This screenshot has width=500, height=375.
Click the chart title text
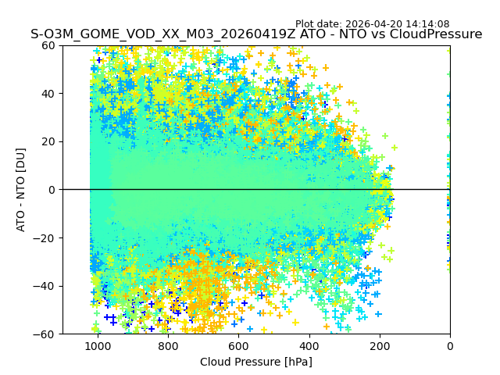pos(256,34)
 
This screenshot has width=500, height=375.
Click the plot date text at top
pos(372,24)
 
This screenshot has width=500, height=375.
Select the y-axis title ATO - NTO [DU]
pos(22,189)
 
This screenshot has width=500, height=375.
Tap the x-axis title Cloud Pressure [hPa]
pos(256,362)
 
